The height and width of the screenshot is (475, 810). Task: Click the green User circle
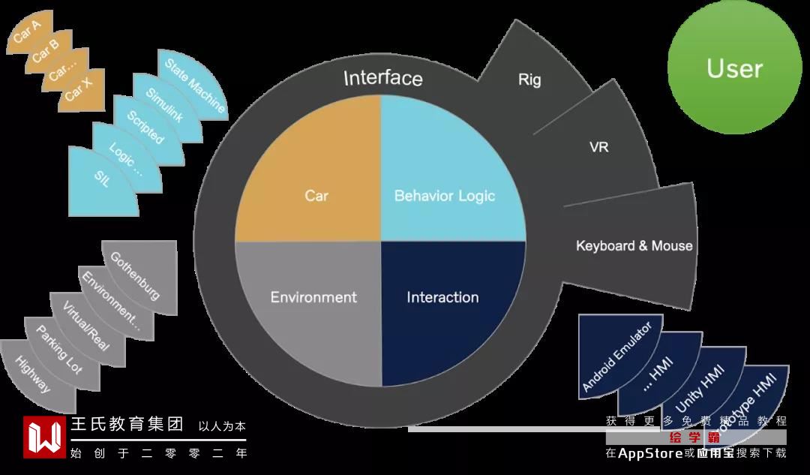pos(734,68)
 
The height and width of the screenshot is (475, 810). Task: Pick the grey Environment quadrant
pos(313,297)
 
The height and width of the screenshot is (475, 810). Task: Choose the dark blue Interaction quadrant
pos(442,297)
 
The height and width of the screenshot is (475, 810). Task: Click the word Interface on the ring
pos(382,78)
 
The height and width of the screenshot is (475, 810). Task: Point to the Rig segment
pos(529,80)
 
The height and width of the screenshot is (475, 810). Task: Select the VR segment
pos(598,146)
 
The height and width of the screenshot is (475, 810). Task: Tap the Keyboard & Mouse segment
pos(634,246)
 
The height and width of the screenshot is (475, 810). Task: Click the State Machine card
pos(193,84)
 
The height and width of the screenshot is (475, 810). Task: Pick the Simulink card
pos(164,106)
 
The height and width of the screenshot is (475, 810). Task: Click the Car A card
pos(27,35)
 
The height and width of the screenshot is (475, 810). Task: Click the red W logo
pos(44,437)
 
